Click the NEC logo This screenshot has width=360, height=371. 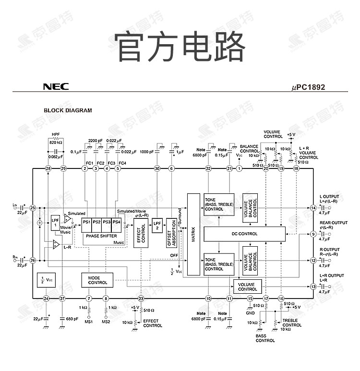56,87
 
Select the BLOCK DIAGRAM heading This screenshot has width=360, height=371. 68,110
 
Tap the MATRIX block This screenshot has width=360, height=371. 193,234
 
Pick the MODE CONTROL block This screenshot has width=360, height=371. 97,280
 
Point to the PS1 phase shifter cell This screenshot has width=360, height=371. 87,222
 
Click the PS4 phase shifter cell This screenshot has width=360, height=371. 116,222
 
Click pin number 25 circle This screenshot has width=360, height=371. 33,208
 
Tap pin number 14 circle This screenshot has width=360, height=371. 313,208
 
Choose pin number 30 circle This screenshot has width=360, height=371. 157,168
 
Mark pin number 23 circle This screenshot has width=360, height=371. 141,299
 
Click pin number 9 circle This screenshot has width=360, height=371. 313,234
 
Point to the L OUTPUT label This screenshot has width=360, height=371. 329,197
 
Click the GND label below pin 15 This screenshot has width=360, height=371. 250,313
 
